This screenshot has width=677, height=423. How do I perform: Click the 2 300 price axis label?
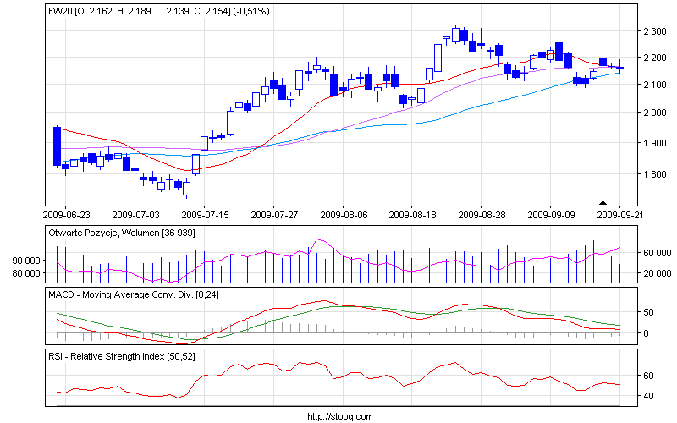tap(656, 31)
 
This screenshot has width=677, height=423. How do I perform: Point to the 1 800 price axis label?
tap(656, 174)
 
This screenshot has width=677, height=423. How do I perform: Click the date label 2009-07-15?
tap(205, 215)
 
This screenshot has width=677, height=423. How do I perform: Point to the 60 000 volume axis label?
tap(656, 253)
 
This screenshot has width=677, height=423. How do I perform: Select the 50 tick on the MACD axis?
tap(649, 313)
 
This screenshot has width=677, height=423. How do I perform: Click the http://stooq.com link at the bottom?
tap(338, 416)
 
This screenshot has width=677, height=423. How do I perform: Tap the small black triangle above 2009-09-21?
tap(603, 202)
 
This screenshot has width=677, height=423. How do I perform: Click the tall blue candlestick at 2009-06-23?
tap(57, 146)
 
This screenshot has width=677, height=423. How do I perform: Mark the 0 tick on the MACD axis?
tap(647, 333)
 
